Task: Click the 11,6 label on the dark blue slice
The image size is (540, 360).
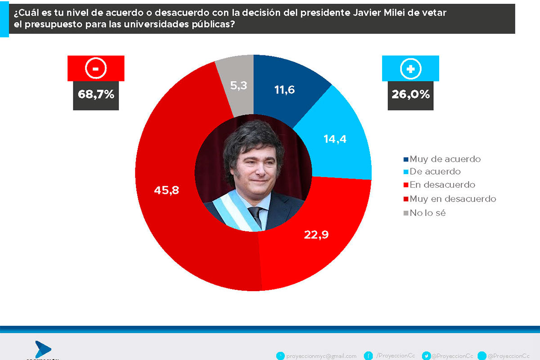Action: [284, 90]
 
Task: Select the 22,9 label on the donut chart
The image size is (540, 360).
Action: [316, 234]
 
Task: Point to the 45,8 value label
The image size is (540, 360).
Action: [166, 190]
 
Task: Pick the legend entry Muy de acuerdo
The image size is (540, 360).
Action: [445, 159]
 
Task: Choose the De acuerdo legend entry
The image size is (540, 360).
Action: [435, 171]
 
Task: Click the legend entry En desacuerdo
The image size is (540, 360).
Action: [442, 184]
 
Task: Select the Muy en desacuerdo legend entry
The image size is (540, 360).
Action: [452, 198]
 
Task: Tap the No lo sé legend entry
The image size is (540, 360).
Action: [427, 212]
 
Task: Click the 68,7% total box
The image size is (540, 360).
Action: [96, 95]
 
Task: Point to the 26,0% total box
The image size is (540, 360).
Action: [410, 95]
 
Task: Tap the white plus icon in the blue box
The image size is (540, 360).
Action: [410, 68]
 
